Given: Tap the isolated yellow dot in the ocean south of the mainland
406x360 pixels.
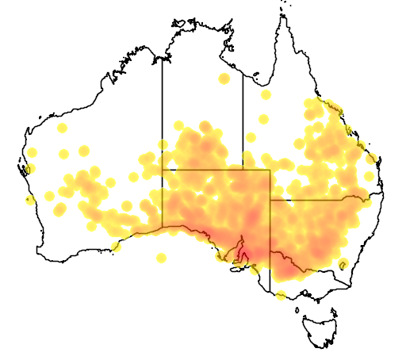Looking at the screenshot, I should click(x=162, y=258).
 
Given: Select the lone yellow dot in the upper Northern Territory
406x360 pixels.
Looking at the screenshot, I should click(x=224, y=79).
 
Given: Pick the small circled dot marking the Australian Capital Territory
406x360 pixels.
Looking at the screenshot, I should click(x=343, y=265).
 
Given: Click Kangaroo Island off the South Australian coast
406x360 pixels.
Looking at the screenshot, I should click(x=236, y=269).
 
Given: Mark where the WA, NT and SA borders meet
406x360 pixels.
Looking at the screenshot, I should click(x=163, y=170).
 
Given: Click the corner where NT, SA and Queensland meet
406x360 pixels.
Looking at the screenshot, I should click(x=243, y=170).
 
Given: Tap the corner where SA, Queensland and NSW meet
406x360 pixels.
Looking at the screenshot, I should click(x=270, y=201).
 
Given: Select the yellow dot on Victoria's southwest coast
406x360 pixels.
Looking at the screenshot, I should click(x=281, y=297).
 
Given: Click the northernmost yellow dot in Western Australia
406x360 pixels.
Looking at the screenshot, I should click(x=63, y=128).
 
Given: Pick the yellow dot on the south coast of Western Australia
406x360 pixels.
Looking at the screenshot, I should click(x=117, y=247).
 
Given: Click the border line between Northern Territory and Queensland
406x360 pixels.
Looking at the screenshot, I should click(x=243, y=119).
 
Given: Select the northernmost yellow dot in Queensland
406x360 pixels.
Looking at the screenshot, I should click(x=266, y=94).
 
